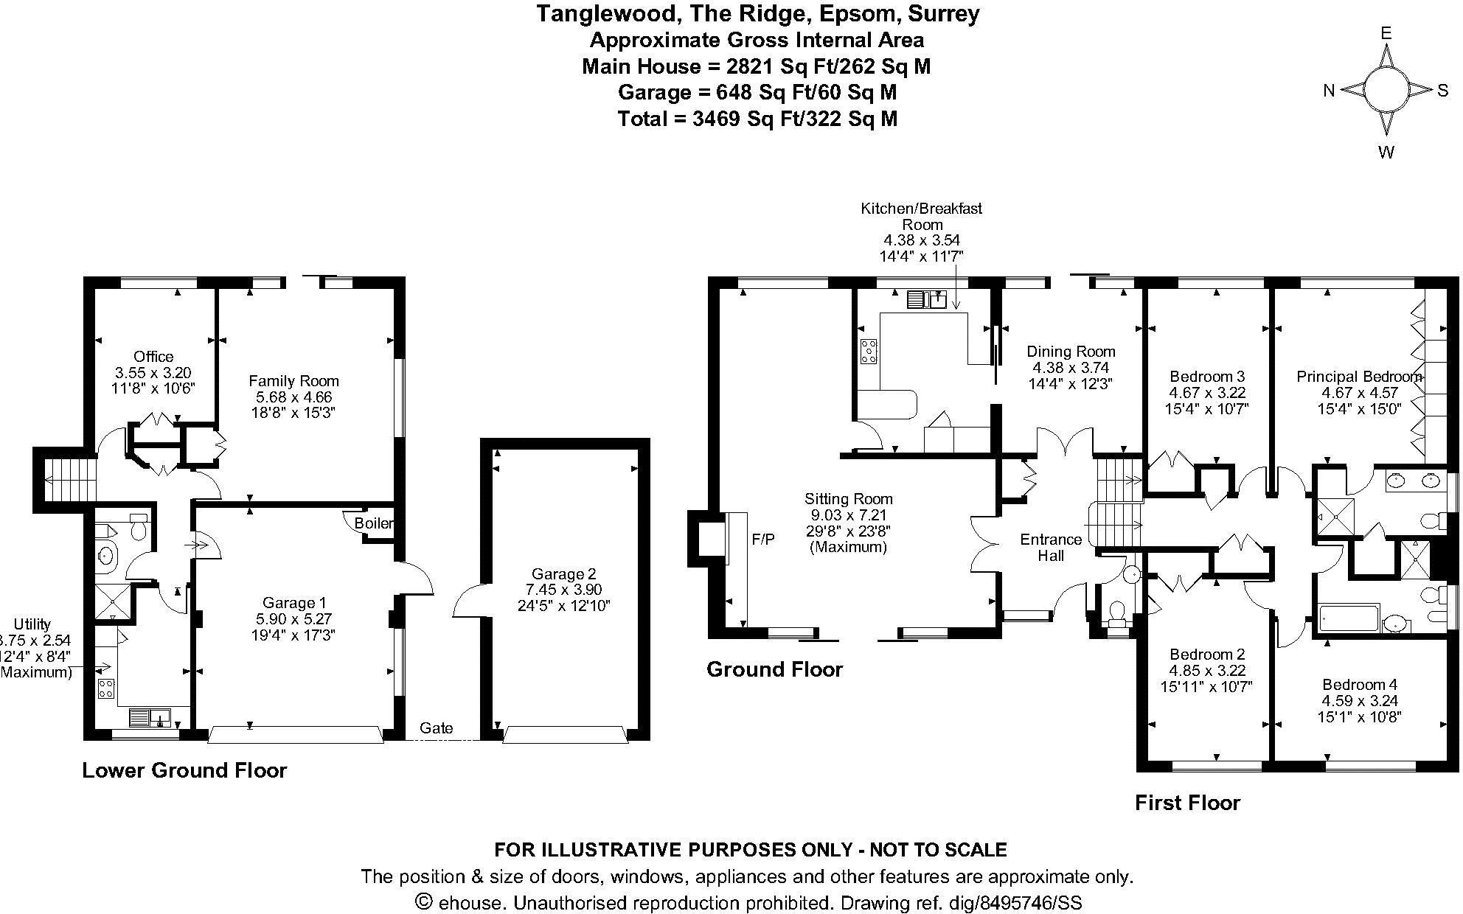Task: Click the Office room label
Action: click(x=153, y=357)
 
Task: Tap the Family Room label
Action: click(x=293, y=381)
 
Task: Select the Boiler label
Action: click(x=374, y=523)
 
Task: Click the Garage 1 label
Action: click(x=293, y=604)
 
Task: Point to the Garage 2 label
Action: click(x=563, y=573)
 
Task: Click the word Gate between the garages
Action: click(x=437, y=728)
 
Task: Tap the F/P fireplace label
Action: click(x=763, y=540)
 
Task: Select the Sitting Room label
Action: click(x=848, y=499)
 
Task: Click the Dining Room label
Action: click(x=1071, y=352)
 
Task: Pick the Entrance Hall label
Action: click(x=1051, y=547)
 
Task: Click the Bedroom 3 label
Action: click(x=1206, y=377)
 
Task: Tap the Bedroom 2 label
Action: click(x=1206, y=655)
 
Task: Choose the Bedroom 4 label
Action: click(x=1359, y=685)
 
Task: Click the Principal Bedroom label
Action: click(x=1359, y=377)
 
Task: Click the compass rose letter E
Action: click(x=1386, y=33)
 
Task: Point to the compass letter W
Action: click(x=1386, y=153)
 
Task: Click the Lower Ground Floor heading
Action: click(x=184, y=771)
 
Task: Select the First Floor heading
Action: click(x=1187, y=803)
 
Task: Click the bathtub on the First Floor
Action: click(x=1347, y=618)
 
